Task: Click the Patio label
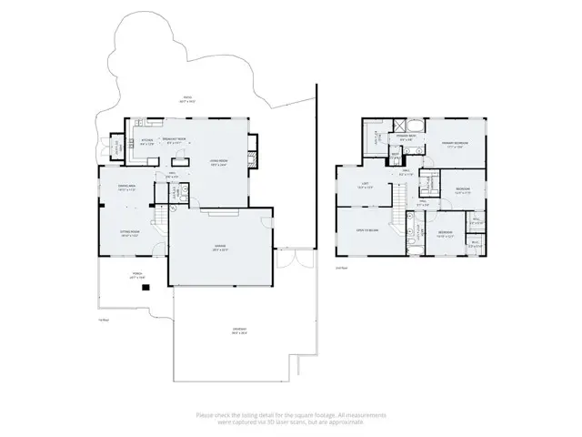(186, 98)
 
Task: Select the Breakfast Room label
(175, 139)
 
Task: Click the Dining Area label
(126, 187)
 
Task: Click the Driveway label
(238, 330)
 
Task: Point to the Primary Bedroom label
(455, 144)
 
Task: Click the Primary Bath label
(406, 137)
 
